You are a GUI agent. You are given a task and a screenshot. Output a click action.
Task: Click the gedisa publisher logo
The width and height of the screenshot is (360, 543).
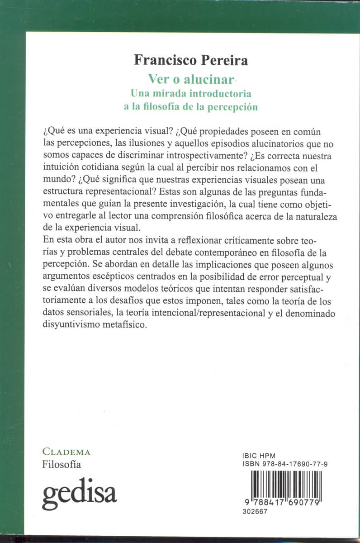click(80, 491)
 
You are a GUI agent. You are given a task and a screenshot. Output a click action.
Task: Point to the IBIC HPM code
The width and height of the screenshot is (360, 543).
click(256, 456)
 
